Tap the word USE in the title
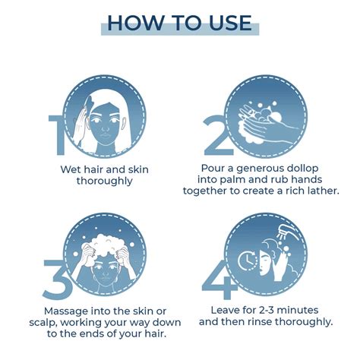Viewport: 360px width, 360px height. coord(224,22)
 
